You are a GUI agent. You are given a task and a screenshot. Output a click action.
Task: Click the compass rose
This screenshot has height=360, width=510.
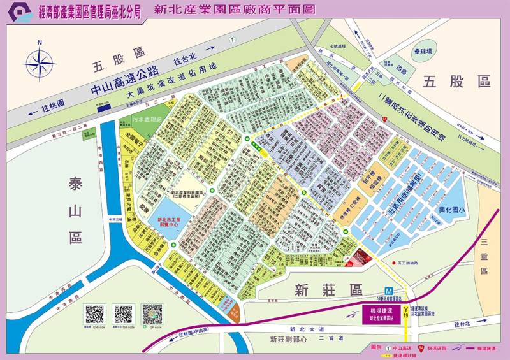pyautogui.click(x=40, y=62)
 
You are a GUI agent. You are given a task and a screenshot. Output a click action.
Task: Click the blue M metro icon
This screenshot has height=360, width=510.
pyautogui.click(x=388, y=289)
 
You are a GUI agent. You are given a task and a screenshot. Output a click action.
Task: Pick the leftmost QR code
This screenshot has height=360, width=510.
pyautogui.click(x=95, y=315)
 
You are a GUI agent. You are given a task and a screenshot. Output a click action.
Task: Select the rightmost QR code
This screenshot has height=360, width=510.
pyautogui.click(x=152, y=315)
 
